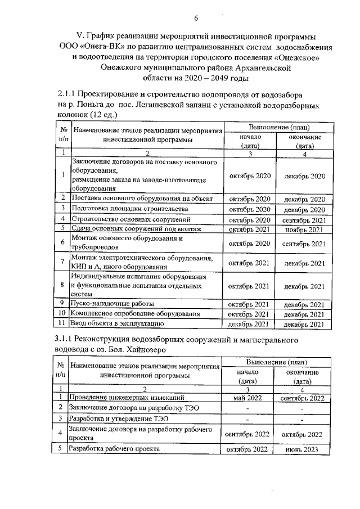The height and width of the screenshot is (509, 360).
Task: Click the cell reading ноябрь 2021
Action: click(x=304, y=229)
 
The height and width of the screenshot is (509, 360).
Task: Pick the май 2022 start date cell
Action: click(x=248, y=398)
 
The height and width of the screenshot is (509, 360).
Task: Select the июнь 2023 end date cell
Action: click(x=304, y=449)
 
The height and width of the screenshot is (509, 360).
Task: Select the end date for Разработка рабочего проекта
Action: click(x=304, y=449)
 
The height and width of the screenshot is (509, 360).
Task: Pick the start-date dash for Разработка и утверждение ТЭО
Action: click(x=248, y=419)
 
